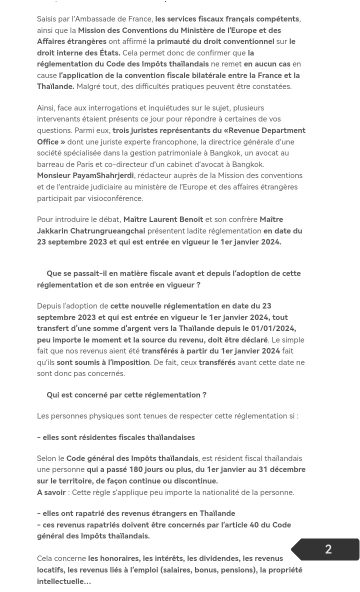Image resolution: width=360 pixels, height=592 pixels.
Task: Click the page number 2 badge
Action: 328,549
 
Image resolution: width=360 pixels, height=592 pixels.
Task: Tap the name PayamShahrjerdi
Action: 103,175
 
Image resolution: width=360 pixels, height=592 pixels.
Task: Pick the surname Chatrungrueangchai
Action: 107,231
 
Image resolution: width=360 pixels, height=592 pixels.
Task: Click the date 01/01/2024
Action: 272,328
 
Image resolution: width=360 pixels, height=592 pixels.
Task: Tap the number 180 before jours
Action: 135,469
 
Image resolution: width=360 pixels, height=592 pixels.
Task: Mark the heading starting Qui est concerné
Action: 126,395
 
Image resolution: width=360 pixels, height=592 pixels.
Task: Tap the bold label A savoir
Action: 51,492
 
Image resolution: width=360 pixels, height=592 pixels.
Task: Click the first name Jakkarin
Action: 52,231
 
